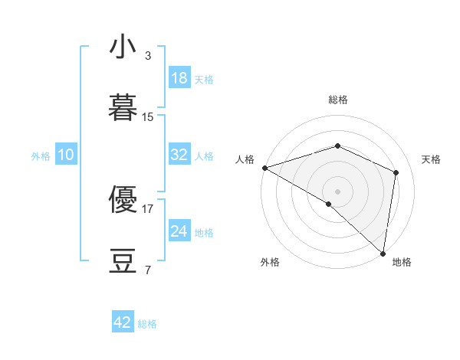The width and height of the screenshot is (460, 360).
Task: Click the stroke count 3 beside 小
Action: (147, 56)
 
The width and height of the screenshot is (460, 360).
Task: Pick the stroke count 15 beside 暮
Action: (148, 116)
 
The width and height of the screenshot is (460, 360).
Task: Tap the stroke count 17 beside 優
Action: (148, 208)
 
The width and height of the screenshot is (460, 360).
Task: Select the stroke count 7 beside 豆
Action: (147, 269)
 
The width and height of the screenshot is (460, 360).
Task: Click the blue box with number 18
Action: (179, 78)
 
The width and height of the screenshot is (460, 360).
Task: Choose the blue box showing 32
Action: (179, 155)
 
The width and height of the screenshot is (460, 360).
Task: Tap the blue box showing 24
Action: (179, 231)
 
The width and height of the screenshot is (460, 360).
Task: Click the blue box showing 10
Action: (66, 155)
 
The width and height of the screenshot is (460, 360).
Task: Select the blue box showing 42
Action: (123, 322)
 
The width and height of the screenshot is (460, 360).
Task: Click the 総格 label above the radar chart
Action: (338, 100)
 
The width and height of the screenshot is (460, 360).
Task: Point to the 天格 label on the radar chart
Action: (432, 159)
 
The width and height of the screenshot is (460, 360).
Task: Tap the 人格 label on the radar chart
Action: (245, 159)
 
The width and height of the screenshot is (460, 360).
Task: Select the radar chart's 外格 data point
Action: (329, 204)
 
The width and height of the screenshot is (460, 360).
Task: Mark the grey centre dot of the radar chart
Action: (338, 191)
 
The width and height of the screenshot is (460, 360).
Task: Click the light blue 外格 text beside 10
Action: (41, 155)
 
